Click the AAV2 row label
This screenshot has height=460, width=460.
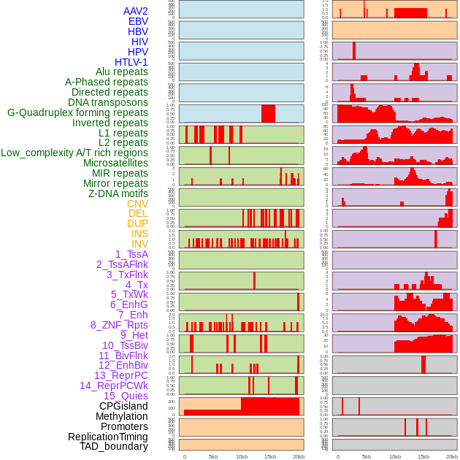point(135,11)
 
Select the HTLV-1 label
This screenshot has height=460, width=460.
point(131,62)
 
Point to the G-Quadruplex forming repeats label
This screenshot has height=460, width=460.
point(77,112)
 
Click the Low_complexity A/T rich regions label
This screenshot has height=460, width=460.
point(74,153)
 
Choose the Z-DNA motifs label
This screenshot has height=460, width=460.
point(118,193)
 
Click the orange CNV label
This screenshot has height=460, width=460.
point(137,204)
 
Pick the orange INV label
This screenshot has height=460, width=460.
point(139,244)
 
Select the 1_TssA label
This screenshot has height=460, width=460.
point(131,254)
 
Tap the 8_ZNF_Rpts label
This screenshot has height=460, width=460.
point(119,325)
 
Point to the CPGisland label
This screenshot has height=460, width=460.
point(123,406)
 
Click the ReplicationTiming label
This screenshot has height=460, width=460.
point(107,437)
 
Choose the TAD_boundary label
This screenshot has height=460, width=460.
point(113,446)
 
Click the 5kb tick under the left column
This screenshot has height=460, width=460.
point(213,456)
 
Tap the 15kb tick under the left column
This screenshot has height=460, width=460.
point(270,456)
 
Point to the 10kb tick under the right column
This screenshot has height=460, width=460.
point(395,456)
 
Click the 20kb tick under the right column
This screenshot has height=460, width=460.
point(452,456)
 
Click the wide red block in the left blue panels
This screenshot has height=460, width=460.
point(268,114)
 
